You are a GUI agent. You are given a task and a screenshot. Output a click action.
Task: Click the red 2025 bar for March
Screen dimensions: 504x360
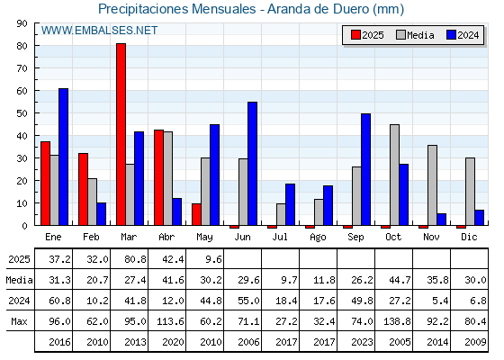[121, 134]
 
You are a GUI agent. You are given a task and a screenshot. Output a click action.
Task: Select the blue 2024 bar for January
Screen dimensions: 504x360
[63, 157]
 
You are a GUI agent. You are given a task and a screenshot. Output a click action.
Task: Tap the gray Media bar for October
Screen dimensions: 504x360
[395, 175]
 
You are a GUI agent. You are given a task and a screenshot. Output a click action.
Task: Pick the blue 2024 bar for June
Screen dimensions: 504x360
[252, 164]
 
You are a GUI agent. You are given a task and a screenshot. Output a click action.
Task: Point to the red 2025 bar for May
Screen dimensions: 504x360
[197, 214]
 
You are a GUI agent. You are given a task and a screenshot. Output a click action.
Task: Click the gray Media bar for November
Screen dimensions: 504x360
[433, 185]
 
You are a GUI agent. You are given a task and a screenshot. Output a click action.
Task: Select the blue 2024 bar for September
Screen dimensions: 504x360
[365, 169]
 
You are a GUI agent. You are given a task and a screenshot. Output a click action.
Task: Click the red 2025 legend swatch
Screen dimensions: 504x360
[355, 35]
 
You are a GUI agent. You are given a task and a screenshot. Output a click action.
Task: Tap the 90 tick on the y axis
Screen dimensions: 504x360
[22, 23]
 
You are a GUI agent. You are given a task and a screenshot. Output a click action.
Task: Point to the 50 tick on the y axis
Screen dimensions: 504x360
[22, 113]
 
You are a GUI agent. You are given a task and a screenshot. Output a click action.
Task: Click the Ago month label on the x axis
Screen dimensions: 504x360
[318, 238]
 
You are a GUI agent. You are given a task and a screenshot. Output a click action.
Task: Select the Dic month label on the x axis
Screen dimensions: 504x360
[469, 237]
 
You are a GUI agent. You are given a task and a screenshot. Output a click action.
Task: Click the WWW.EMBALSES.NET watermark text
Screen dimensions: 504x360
[99, 31]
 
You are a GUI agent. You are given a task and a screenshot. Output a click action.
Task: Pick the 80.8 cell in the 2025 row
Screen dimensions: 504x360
[135, 259]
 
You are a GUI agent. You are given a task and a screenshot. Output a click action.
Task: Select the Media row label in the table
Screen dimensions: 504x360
[19, 280]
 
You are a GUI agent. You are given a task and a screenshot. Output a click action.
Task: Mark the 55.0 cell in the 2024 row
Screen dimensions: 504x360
[248, 301]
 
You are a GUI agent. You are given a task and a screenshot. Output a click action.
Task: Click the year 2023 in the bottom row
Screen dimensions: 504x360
[362, 342]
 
